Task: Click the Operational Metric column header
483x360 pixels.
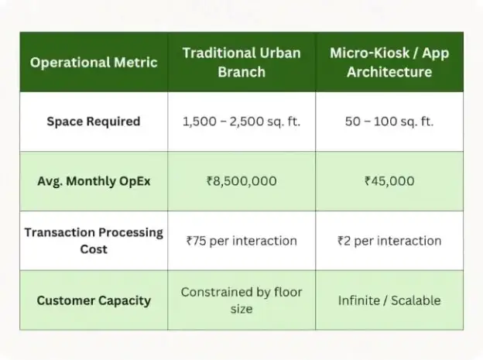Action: [94, 62]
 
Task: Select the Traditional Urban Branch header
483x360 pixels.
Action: [241, 62]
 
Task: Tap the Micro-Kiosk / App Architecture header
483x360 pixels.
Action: [389, 62]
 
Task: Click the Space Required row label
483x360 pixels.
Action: [94, 122]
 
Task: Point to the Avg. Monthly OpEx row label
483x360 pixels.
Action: [94, 181]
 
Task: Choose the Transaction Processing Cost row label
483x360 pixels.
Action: [94, 241]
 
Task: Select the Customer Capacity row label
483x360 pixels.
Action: [94, 300]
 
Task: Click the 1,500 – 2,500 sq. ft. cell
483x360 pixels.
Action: [241, 122]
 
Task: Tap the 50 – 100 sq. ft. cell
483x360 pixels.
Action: [389, 122]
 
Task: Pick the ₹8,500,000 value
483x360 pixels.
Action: [241, 181]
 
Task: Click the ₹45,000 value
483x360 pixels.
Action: [389, 181]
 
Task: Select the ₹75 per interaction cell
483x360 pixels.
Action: [241, 241]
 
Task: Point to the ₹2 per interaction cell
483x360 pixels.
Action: [389, 241]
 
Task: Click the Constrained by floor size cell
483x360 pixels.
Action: [241, 300]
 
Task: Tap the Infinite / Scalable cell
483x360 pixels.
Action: [389, 300]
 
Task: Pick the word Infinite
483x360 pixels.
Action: [359, 300]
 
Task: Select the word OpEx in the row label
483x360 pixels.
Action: [135, 181]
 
